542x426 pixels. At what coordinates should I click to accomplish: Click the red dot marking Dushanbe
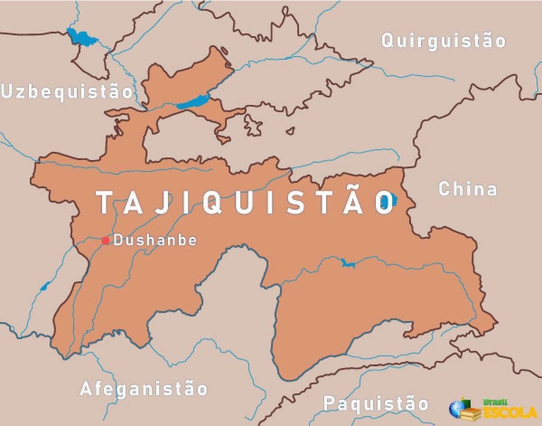point(105,240)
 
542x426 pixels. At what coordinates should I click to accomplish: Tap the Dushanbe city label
point(155,240)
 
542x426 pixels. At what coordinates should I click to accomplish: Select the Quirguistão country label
point(443,41)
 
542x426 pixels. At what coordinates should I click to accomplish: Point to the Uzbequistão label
point(67,91)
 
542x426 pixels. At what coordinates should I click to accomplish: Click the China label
point(467,189)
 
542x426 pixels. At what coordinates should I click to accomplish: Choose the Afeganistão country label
point(144,388)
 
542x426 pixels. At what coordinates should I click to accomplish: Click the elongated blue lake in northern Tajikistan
point(192,101)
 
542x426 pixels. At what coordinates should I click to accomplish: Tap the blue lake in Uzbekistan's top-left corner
point(81,37)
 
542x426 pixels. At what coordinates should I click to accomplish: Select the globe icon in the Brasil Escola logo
point(457,408)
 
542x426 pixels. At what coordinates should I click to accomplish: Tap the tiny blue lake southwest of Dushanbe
point(45,286)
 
